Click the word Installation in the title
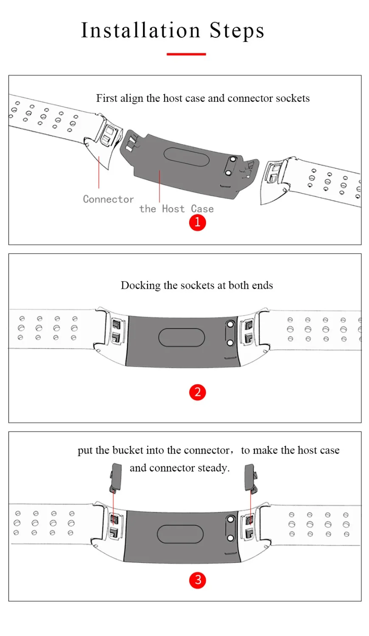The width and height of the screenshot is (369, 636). pyautogui.click(x=140, y=31)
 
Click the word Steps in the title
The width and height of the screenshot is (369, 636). pyautogui.click(x=237, y=31)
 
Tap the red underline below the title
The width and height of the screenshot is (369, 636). pyautogui.click(x=186, y=54)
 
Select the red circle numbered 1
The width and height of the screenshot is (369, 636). pyautogui.click(x=197, y=222)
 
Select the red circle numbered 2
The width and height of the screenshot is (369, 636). pyautogui.click(x=197, y=392)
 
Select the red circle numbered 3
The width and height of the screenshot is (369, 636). pyautogui.click(x=197, y=580)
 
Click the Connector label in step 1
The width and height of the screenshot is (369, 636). pyautogui.click(x=108, y=199)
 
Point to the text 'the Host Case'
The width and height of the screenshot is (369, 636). pyautogui.click(x=176, y=209)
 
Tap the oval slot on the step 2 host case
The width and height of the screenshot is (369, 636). pyautogui.click(x=182, y=338)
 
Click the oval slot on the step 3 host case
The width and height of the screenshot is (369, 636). pyautogui.click(x=180, y=534)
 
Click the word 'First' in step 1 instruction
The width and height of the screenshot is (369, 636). pyautogui.click(x=106, y=98)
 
